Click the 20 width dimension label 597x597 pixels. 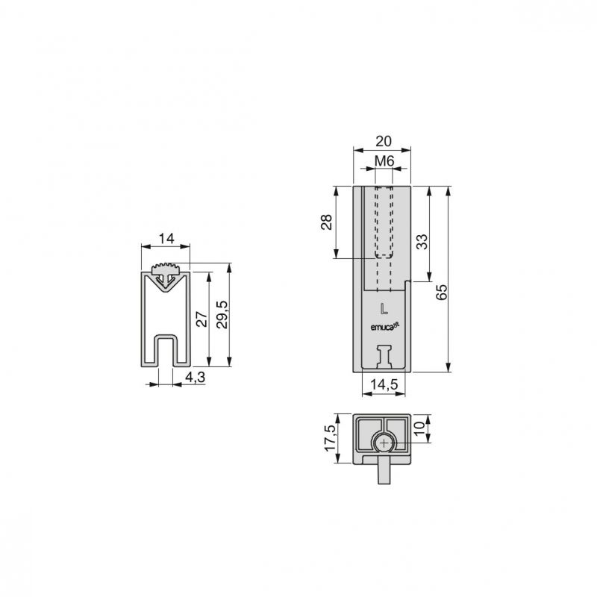(384, 141)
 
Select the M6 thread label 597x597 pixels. (384, 161)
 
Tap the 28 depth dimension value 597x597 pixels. (326, 222)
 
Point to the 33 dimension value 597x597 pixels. (422, 242)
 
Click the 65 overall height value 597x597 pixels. (441, 292)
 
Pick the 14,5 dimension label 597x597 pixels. (384, 384)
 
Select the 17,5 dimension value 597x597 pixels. (330, 438)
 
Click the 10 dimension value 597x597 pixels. (419, 428)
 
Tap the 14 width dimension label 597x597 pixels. (166, 239)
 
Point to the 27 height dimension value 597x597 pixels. (201, 319)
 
